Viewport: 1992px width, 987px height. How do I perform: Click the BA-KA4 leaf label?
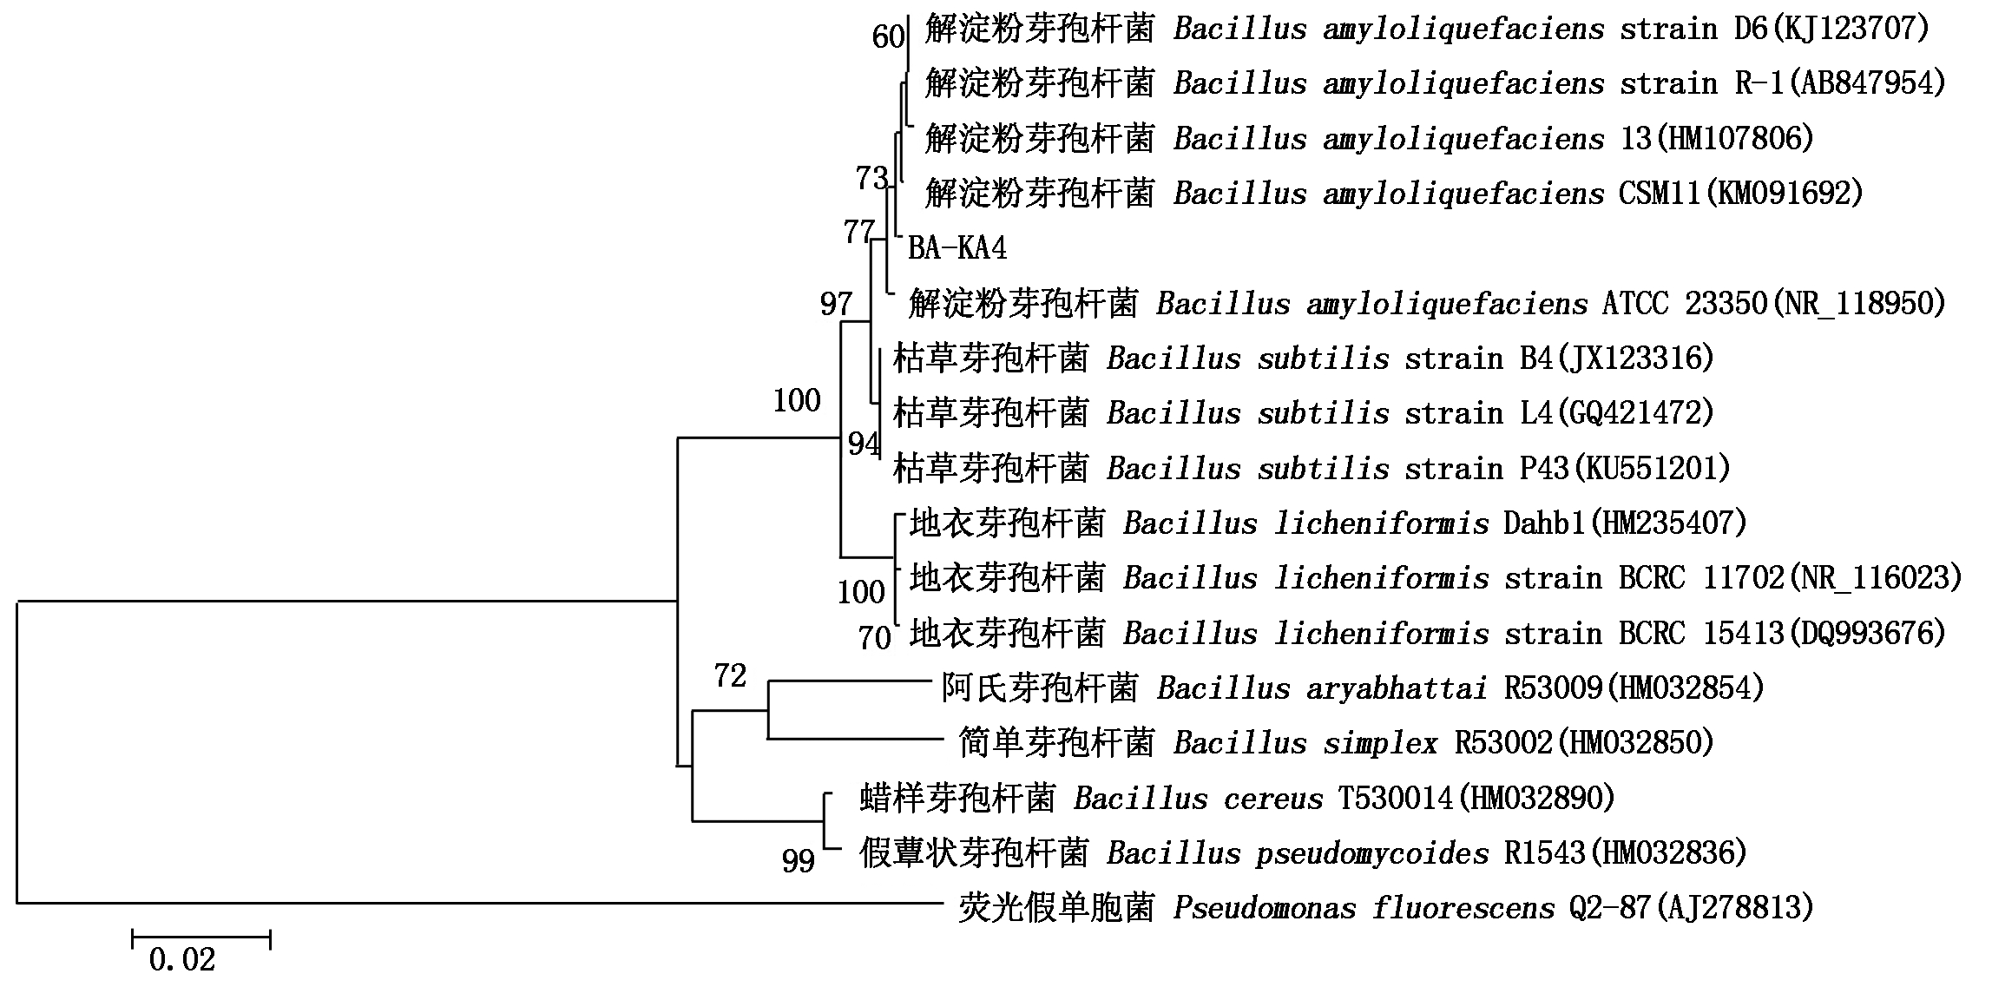click(x=957, y=249)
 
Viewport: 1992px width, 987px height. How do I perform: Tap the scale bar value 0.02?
click(x=182, y=959)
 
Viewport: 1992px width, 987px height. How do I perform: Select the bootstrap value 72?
click(x=730, y=674)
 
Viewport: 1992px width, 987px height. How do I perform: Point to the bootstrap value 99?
click(x=799, y=860)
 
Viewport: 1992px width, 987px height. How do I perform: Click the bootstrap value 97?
click(x=837, y=304)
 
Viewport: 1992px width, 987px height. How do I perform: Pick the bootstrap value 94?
click(x=865, y=444)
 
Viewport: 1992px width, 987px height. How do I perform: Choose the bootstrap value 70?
click(x=875, y=638)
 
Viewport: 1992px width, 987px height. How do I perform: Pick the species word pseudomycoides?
click(x=1373, y=853)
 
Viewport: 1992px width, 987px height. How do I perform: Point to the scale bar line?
click(x=201, y=938)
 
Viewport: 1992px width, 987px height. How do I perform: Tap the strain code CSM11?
click(x=1660, y=194)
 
